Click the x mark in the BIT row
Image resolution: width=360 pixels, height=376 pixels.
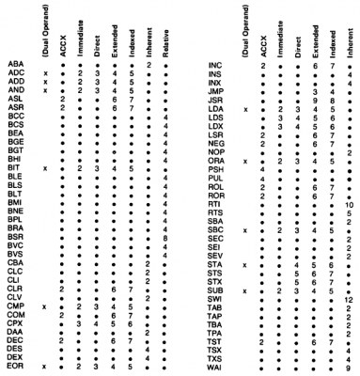pyautogui.click(x=45, y=167)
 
